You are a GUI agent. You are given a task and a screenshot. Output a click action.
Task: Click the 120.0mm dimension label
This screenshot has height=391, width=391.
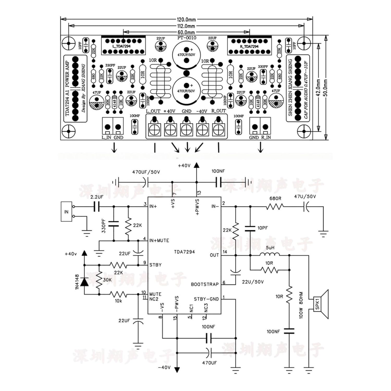click(x=186, y=20)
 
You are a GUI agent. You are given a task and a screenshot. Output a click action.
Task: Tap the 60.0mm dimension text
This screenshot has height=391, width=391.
click(x=186, y=32)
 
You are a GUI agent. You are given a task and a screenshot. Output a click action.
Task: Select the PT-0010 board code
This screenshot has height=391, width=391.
click(x=186, y=38)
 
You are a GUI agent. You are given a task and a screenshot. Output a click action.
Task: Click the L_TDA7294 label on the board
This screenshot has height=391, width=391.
click(x=121, y=46)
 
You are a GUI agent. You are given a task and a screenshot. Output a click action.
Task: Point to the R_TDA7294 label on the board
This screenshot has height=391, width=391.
click(x=249, y=46)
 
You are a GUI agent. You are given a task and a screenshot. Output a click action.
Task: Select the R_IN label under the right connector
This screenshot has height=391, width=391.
click(x=266, y=137)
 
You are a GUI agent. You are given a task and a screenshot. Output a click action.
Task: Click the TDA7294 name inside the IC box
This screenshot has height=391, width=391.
click(x=184, y=252)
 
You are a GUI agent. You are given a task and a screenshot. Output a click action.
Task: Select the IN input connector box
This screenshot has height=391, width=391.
click(x=66, y=212)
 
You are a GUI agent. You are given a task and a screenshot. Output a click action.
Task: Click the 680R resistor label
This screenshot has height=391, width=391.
click(x=275, y=199)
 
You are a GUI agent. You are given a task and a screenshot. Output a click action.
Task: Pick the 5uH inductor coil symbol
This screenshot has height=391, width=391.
click(x=270, y=254)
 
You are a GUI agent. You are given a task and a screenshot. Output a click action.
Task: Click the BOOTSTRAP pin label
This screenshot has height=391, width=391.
click(x=205, y=284)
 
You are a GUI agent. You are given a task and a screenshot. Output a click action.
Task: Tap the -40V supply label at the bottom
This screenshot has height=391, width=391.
click(x=164, y=367)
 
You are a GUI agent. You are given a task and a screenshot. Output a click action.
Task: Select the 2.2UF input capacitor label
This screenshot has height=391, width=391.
click(x=97, y=197)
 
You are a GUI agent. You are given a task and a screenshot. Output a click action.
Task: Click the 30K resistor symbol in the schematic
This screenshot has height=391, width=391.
click(x=99, y=279)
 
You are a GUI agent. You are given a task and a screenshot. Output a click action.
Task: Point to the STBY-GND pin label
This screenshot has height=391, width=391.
click(x=206, y=299)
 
